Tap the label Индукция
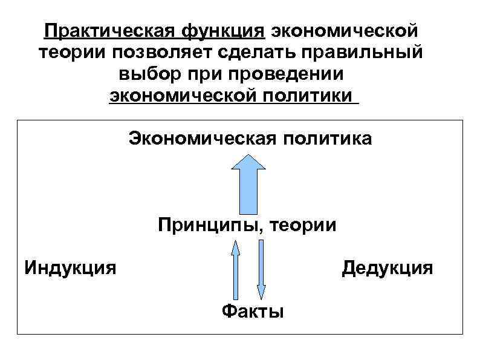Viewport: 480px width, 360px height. click(x=70, y=267)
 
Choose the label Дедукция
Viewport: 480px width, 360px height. click(x=388, y=267)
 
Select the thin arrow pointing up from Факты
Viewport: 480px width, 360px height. click(x=235, y=269)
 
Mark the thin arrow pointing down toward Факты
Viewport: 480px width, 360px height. click(x=261, y=269)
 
